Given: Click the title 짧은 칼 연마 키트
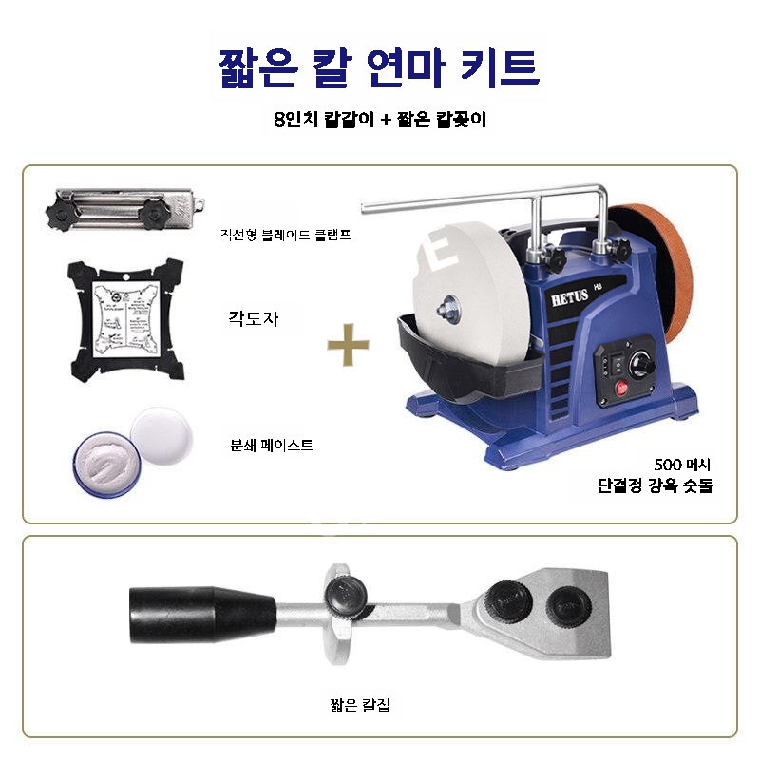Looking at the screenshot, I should click(x=378, y=67).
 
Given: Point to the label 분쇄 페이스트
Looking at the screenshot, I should click(x=272, y=444).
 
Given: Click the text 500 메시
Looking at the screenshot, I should click(x=682, y=465).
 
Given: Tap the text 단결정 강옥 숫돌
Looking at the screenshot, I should click(x=655, y=485).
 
